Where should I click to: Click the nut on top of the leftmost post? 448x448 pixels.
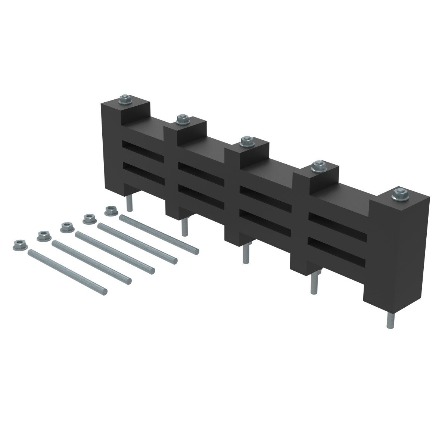tap(124, 100)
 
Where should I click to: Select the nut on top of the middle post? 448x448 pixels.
tap(246, 141)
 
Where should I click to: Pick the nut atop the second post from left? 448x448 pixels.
tap(182, 119)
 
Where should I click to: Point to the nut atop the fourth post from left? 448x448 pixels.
tap(318, 165)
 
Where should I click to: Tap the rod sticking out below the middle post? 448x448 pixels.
tap(245, 253)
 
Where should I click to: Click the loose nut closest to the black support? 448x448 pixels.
tap(110, 211)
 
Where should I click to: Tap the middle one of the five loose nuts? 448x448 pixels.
tap(66, 226)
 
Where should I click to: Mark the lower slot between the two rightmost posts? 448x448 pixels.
tap(337, 249)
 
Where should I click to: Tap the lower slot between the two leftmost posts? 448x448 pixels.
tap(143, 172)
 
